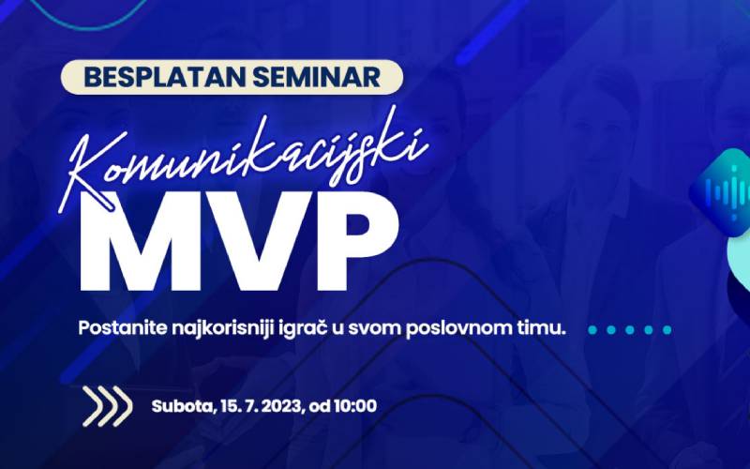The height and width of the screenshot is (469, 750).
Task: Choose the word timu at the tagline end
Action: click(547, 329)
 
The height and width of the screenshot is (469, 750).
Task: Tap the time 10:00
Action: click(354, 407)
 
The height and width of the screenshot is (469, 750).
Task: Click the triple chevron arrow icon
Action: click(106, 406)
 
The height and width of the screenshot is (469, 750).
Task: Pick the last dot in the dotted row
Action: click(667, 329)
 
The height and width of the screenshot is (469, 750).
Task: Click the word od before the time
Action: click(320, 407)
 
